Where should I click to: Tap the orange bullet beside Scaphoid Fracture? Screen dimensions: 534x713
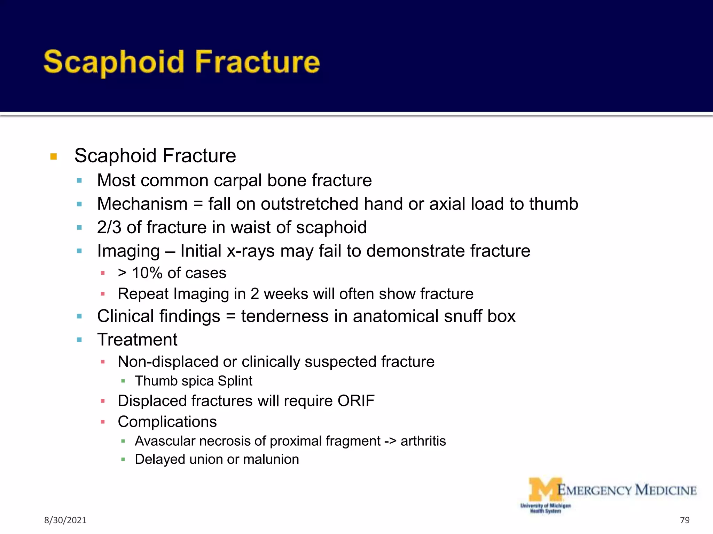click(54, 156)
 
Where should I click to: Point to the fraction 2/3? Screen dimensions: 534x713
click(109, 227)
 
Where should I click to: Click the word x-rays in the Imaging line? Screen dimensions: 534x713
click(251, 251)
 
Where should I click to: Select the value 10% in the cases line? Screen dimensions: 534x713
click(147, 273)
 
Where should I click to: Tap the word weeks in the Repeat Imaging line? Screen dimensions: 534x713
click(286, 294)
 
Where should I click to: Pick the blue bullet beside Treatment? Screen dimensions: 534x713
click(79, 340)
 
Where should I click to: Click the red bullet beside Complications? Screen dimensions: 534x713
click(103, 422)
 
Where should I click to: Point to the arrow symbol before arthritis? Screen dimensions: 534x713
click(390, 441)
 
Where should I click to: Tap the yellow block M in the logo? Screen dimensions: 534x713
click(544, 489)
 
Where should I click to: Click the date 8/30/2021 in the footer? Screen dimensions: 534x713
click(65, 520)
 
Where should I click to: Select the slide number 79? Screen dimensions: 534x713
click(684, 520)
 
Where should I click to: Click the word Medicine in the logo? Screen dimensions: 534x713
click(666, 490)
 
